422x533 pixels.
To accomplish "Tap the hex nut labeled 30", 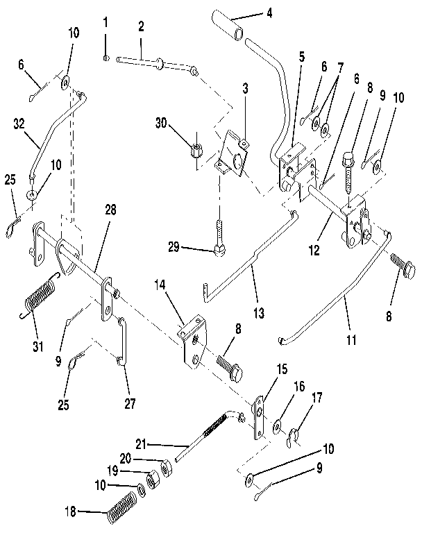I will (x=196, y=148).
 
